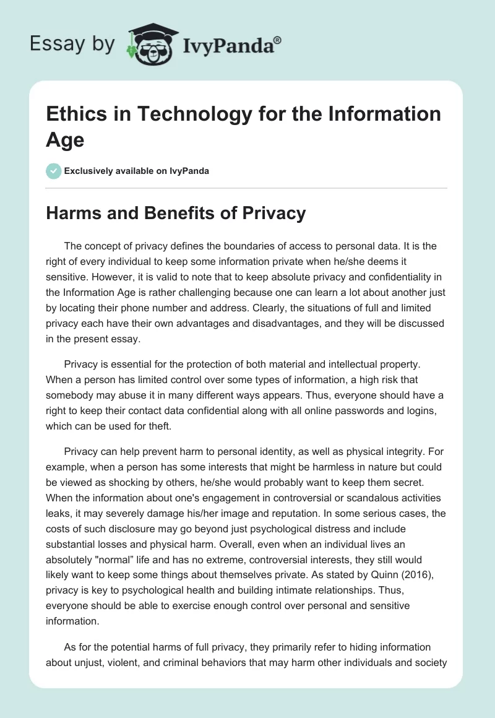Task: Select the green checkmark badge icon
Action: point(53,171)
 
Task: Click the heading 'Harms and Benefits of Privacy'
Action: point(176,214)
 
